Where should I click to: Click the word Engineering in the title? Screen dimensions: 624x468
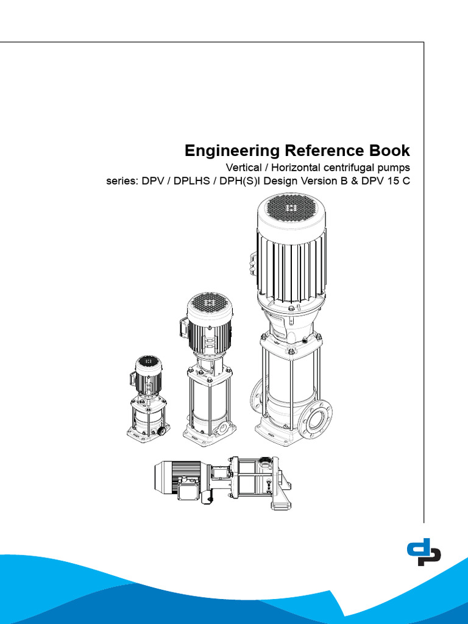pos(223,151)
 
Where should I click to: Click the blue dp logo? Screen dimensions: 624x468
pos(424,552)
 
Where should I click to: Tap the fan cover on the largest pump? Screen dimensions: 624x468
pos(291,210)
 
